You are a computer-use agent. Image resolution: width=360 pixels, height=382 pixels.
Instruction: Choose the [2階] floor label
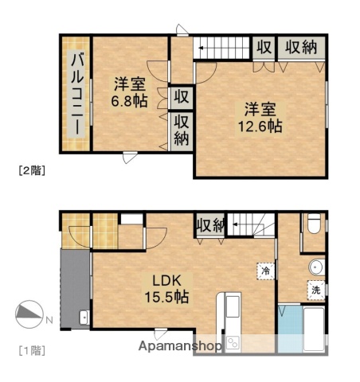point(30,169)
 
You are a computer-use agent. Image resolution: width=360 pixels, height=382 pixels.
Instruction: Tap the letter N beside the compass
point(49,320)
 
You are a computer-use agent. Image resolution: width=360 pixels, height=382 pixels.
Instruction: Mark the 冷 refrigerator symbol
point(264,271)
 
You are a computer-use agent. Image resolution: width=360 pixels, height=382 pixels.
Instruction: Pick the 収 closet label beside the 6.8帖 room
point(182,97)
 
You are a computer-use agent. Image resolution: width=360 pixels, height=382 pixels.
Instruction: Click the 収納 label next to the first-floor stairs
point(210,225)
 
